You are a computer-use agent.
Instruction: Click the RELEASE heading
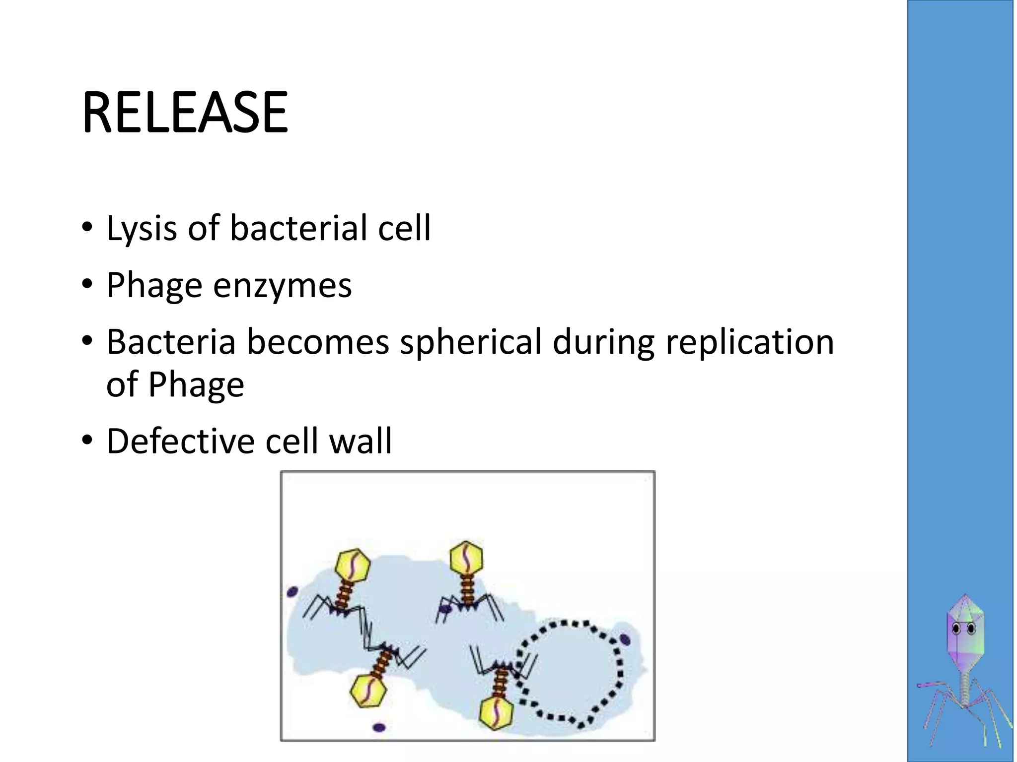(x=185, y=113)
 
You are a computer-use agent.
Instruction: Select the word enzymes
(x=282, y=286)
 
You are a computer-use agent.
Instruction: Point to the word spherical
(x=470, y=343)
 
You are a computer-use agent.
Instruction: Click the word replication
(x=749, y=343)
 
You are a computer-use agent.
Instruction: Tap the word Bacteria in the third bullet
(x=171, y=342)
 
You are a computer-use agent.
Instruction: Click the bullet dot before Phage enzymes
(x=87, y=285)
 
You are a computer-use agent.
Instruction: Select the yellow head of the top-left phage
(x=353, y=566)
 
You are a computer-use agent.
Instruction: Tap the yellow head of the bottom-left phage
(x=368, y=691)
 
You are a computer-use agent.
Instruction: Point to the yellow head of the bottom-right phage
(x=496, y=712)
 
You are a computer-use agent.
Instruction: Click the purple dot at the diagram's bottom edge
(x=379, y=728)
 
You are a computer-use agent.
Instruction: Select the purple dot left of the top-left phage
(x=292, y=591)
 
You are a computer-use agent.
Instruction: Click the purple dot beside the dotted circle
(x=625, y=639)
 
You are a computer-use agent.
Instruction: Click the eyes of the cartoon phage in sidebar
(x=964, y=629)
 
